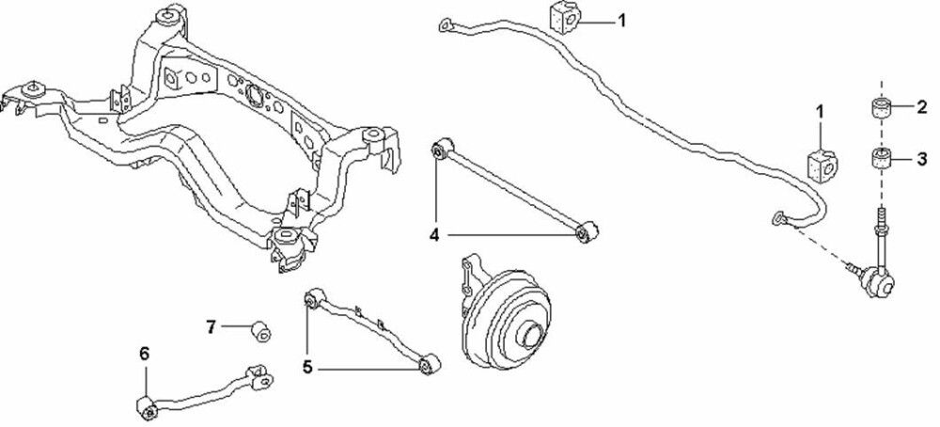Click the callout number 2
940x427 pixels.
pos(921,107)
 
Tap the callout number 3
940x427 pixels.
pos(921,160)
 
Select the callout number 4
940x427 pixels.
pos(434,235)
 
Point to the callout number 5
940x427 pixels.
pos(307,367)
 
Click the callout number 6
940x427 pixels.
pos(144,354)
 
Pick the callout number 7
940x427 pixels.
pos(211,327)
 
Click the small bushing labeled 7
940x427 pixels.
pos(260,331)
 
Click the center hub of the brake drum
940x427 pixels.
pos(531,334)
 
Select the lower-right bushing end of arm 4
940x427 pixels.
pos(587,231)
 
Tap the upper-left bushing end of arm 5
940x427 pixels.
pos(315,298)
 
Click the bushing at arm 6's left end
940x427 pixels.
pos(148,407)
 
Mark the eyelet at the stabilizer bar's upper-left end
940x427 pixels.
pos(445,24)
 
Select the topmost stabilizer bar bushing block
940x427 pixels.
pos(565,17)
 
